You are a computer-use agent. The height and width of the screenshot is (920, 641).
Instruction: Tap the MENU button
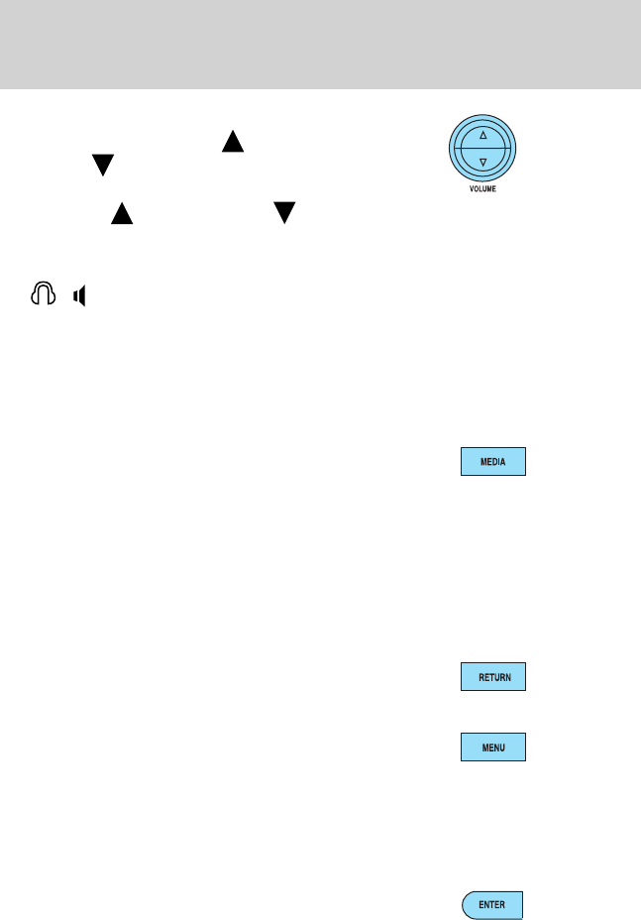tap(492, 747)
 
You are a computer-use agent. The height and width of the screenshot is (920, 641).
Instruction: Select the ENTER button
tap(492, 905)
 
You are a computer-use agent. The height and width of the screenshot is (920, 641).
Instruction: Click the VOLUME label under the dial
tap(482, 188)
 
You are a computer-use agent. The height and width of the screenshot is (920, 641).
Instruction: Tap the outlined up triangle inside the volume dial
tap(482, 134)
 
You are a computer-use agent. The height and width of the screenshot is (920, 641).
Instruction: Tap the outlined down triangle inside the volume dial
tap(482, 161)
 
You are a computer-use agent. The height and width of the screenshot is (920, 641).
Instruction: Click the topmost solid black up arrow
tap(232, 143)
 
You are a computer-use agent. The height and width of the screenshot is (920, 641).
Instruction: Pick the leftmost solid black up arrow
tap(122, 213)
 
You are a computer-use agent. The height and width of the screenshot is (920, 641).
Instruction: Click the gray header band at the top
tap(320, 45)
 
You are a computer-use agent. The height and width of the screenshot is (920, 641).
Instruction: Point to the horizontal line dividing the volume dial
tap(482, 148)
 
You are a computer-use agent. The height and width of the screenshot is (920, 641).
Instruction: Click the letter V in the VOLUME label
tap(471, 188)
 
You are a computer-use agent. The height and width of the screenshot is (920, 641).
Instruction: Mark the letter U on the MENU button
tap(503, 747)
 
